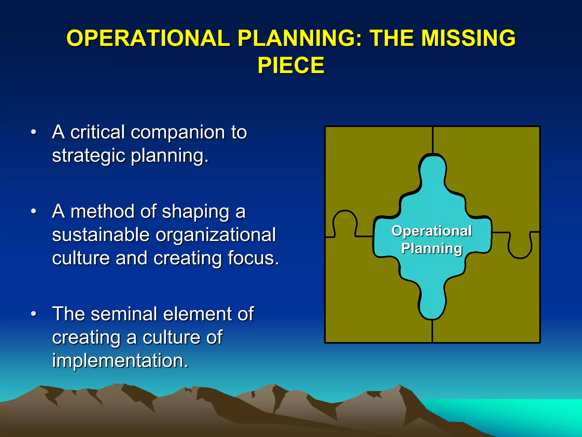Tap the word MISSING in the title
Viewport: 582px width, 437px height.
click(468, 38)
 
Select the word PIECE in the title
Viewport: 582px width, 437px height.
click(291, 65)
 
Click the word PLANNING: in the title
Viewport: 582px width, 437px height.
click(300, 38)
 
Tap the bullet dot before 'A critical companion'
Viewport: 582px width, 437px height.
click(34, 132)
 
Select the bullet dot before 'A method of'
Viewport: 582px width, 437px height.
click(34, 212)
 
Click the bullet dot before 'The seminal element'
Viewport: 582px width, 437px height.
click(34, 314)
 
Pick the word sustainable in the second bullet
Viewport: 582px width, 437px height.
click(101, 235)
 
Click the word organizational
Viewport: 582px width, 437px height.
click(216, 235)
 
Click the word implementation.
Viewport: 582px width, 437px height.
click(120, 361)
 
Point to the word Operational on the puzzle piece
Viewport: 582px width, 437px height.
click(432, 231)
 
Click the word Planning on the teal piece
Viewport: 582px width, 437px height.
click(432, 248)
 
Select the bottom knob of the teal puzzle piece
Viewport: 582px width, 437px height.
click(432, 304)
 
